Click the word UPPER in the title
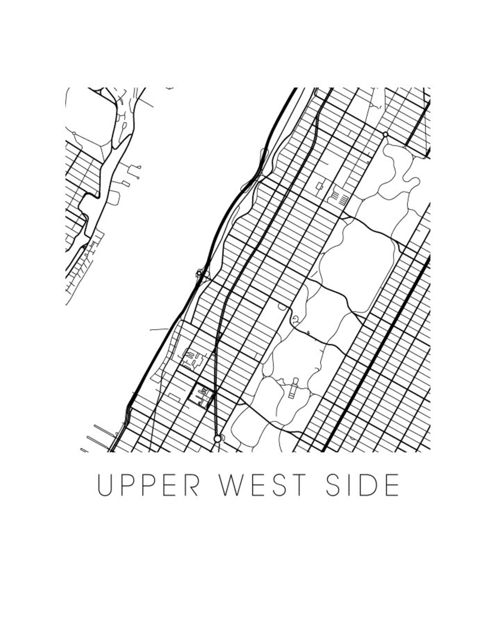tap(148, 485)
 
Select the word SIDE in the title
tap(363, 485)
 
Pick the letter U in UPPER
tap(105, 485)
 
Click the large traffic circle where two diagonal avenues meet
tap(217, 439)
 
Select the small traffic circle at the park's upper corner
tap(385, 134)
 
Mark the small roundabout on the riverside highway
tap(199, 273)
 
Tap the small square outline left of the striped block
tap(319, 186)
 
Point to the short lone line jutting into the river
tap(159, 330)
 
